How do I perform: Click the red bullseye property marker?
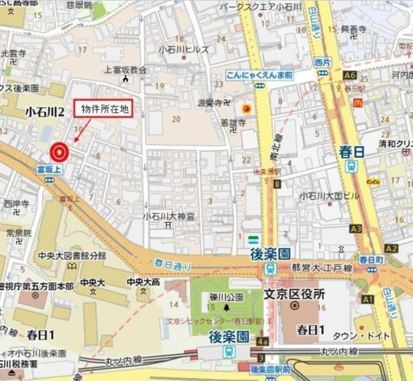pyautogui.click(x=59, y=152)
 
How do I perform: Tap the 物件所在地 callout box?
pyautogui.click(x=105, y=109)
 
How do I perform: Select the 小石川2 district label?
pyautogui.click(x=45, y=112)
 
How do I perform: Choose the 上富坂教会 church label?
pyautogui.click(x=126, y=69)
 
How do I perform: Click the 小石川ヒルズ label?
pyautogui.click(x=184, y=48)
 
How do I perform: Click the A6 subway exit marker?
pyautogui.click(x=349, y=75)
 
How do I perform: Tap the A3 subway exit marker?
pyautogui.click(x=356, y=228)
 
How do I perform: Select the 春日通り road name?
pyautogui.click(x=168, y=262)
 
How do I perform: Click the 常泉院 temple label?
pyautogui.click(x=18, y=233)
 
